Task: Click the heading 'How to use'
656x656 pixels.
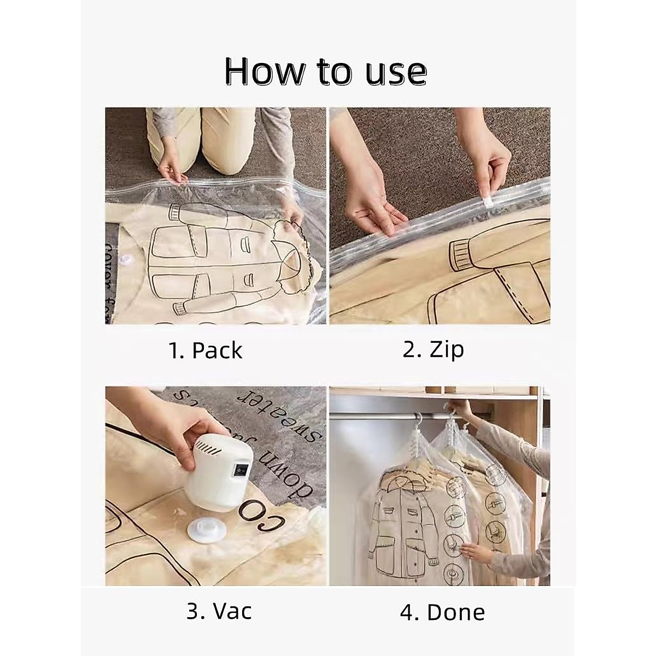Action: click(x=326, y=72)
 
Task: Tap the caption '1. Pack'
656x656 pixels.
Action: click(x=205, y=350)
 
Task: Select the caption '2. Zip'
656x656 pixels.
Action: click(x=433, y=349)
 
